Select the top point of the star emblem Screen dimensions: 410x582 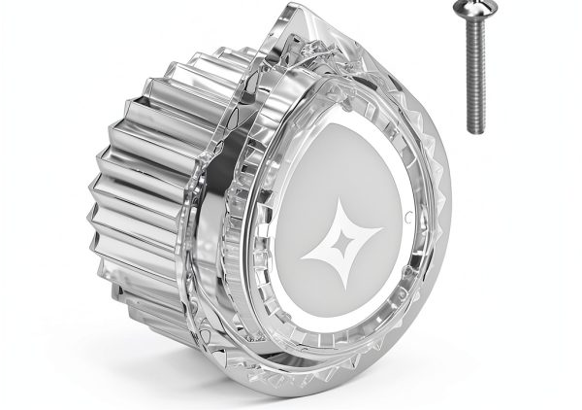pyautogui.click(x=341, y=200)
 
